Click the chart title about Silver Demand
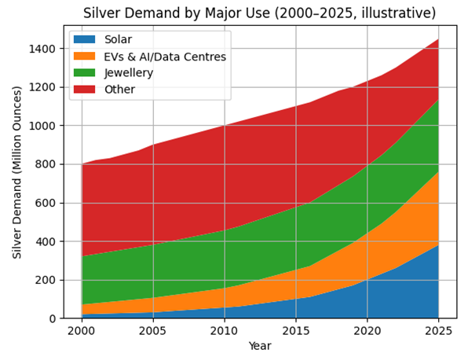[270, 13]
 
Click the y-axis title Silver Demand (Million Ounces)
[16, 171]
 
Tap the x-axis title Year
[260, 346]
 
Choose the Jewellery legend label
[128, 73]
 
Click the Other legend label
[119, 90]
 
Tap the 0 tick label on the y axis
[53, 318]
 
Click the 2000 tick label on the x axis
[82, 331]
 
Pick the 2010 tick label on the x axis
[225, 331]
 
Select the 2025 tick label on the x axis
[438, 331]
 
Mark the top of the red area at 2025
[438, 39]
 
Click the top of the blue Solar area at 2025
[438, 245]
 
